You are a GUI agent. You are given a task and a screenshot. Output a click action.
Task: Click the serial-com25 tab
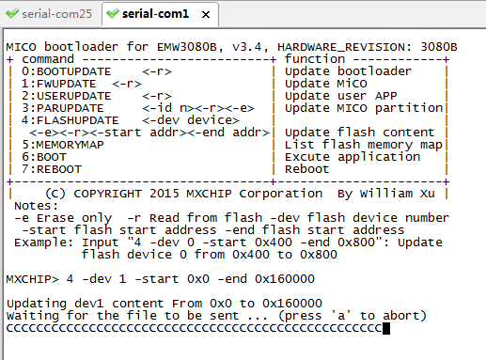point(50,14)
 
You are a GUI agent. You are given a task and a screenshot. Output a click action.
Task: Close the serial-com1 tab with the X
point(206,14)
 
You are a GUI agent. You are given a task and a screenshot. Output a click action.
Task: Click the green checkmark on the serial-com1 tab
point(113,13)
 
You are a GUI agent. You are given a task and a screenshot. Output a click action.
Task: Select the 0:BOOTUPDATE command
point(66,71)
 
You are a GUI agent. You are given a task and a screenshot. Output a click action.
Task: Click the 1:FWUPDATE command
point(58,84)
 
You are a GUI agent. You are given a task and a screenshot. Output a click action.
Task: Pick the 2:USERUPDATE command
point(66,96)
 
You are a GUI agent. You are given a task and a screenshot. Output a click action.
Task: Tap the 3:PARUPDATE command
point(62,108)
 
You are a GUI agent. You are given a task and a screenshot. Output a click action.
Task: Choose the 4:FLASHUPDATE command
point(70,120)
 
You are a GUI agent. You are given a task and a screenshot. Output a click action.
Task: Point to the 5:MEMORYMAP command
point(62,145)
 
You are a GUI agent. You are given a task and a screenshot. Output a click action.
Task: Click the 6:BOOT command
point(44,157)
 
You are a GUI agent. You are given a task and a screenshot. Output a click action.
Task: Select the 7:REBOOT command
point(52,169)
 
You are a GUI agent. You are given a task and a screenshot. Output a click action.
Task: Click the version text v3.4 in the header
point(246,47)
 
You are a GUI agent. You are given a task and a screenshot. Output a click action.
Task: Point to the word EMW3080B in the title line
point(187,47)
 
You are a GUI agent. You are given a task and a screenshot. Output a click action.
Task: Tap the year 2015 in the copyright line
point(164,194)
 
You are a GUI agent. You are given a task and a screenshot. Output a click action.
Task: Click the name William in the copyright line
point(386,194)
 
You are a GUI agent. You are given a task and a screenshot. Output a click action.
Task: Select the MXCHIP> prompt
point(33,279)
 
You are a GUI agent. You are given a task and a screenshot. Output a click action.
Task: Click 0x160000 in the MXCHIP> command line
point(285,279)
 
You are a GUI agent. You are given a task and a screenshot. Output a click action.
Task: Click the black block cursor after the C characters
point(386,328)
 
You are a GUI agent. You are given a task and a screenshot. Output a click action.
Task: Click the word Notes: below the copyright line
point(37,206)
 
